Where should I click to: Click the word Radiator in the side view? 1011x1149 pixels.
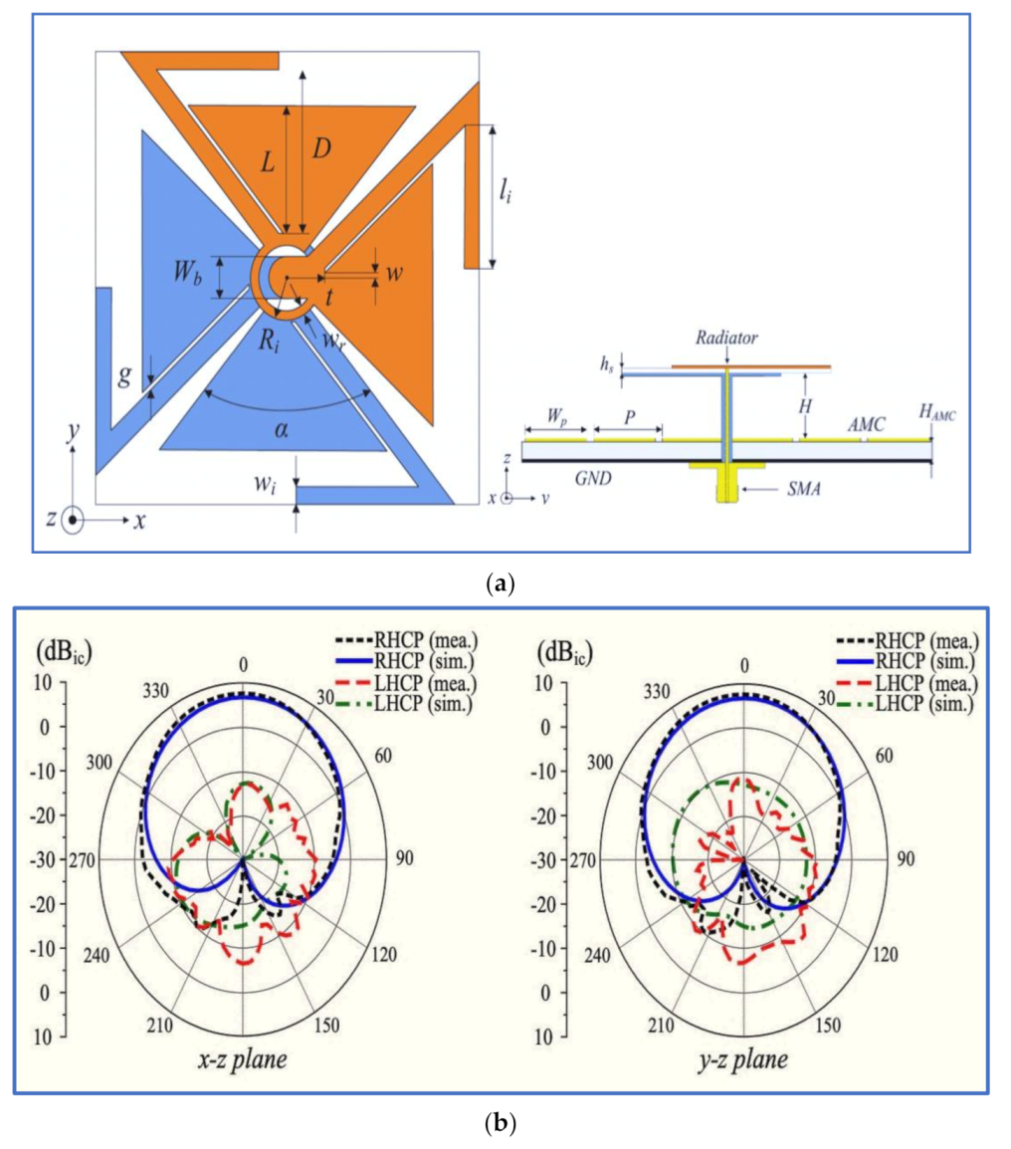727,339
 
